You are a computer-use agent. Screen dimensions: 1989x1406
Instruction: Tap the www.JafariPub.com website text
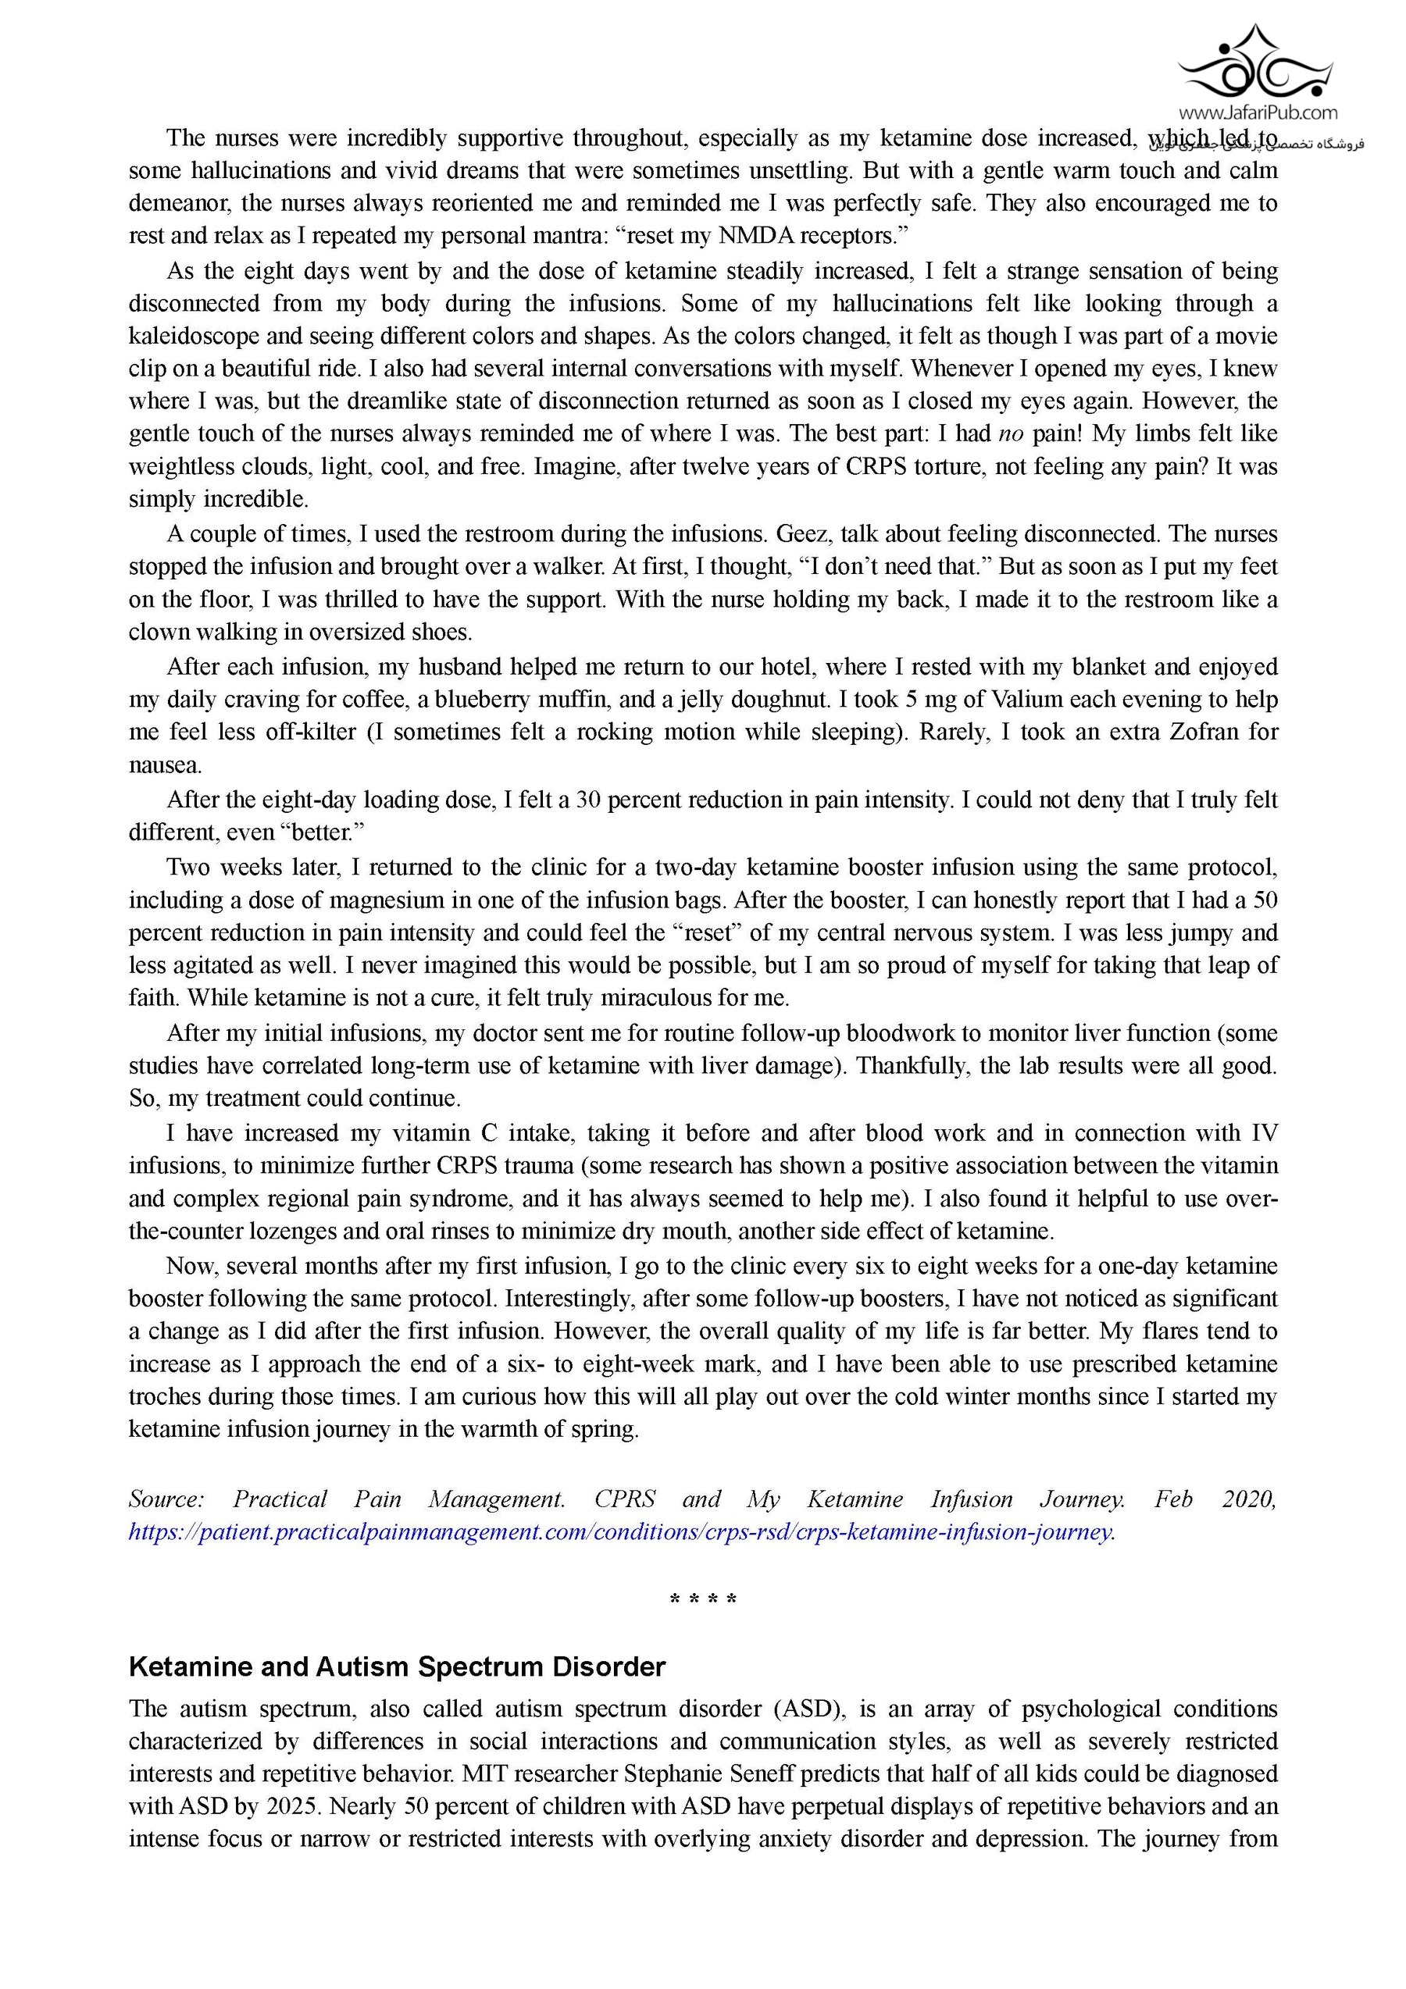[1257, 112]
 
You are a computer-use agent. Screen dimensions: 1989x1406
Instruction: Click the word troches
[166, 1396]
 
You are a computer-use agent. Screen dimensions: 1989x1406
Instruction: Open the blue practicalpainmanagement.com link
[621, 1531]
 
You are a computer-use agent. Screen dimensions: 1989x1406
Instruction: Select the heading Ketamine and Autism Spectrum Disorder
[397, 1666]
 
